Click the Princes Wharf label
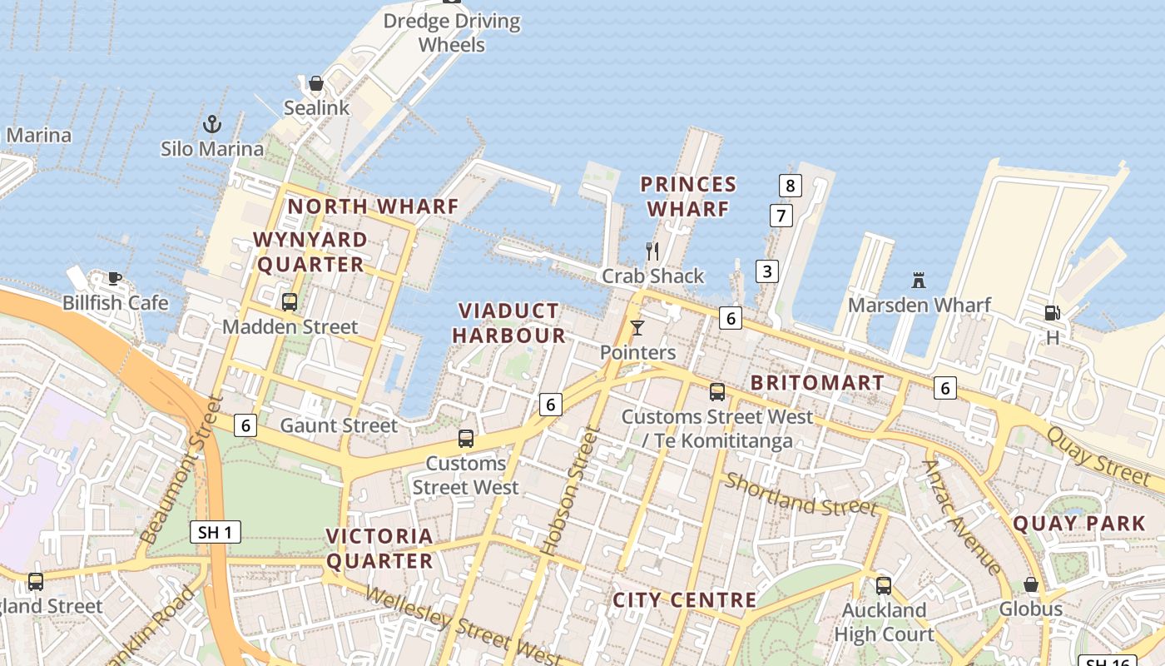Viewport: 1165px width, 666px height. click(x=688, y=196)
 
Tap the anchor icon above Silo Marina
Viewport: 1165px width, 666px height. click(x=212, y=125)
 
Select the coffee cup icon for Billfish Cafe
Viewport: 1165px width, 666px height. click(x=115, y=278)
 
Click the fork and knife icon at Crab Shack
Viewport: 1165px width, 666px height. click(x=652, y=251)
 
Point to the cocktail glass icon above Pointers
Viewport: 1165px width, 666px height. click(x=637, y=328)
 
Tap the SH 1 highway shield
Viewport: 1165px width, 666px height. click(x=216, y=532)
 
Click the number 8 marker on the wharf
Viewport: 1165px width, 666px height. click(x=790, y=185)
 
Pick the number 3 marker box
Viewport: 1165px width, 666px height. click(x=766, y=271)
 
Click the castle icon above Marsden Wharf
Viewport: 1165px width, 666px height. click(x=919, y=280)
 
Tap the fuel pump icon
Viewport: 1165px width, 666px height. click(x=1052, y=313)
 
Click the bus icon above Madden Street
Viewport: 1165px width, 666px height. click(x=290, y=302)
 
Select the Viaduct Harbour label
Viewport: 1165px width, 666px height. click(x=512, y=323)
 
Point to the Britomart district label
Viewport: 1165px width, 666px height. click(x=817, y=383)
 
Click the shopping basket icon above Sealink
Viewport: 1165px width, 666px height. click(x=316, y=83)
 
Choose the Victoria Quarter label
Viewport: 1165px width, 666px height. click(x=379, y=548)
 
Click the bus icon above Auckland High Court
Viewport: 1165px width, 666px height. click(x=884, y=585)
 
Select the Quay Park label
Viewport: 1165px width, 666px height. click(x=1078, y=524)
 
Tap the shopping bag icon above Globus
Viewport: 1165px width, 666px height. click(x=1030, y=584)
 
